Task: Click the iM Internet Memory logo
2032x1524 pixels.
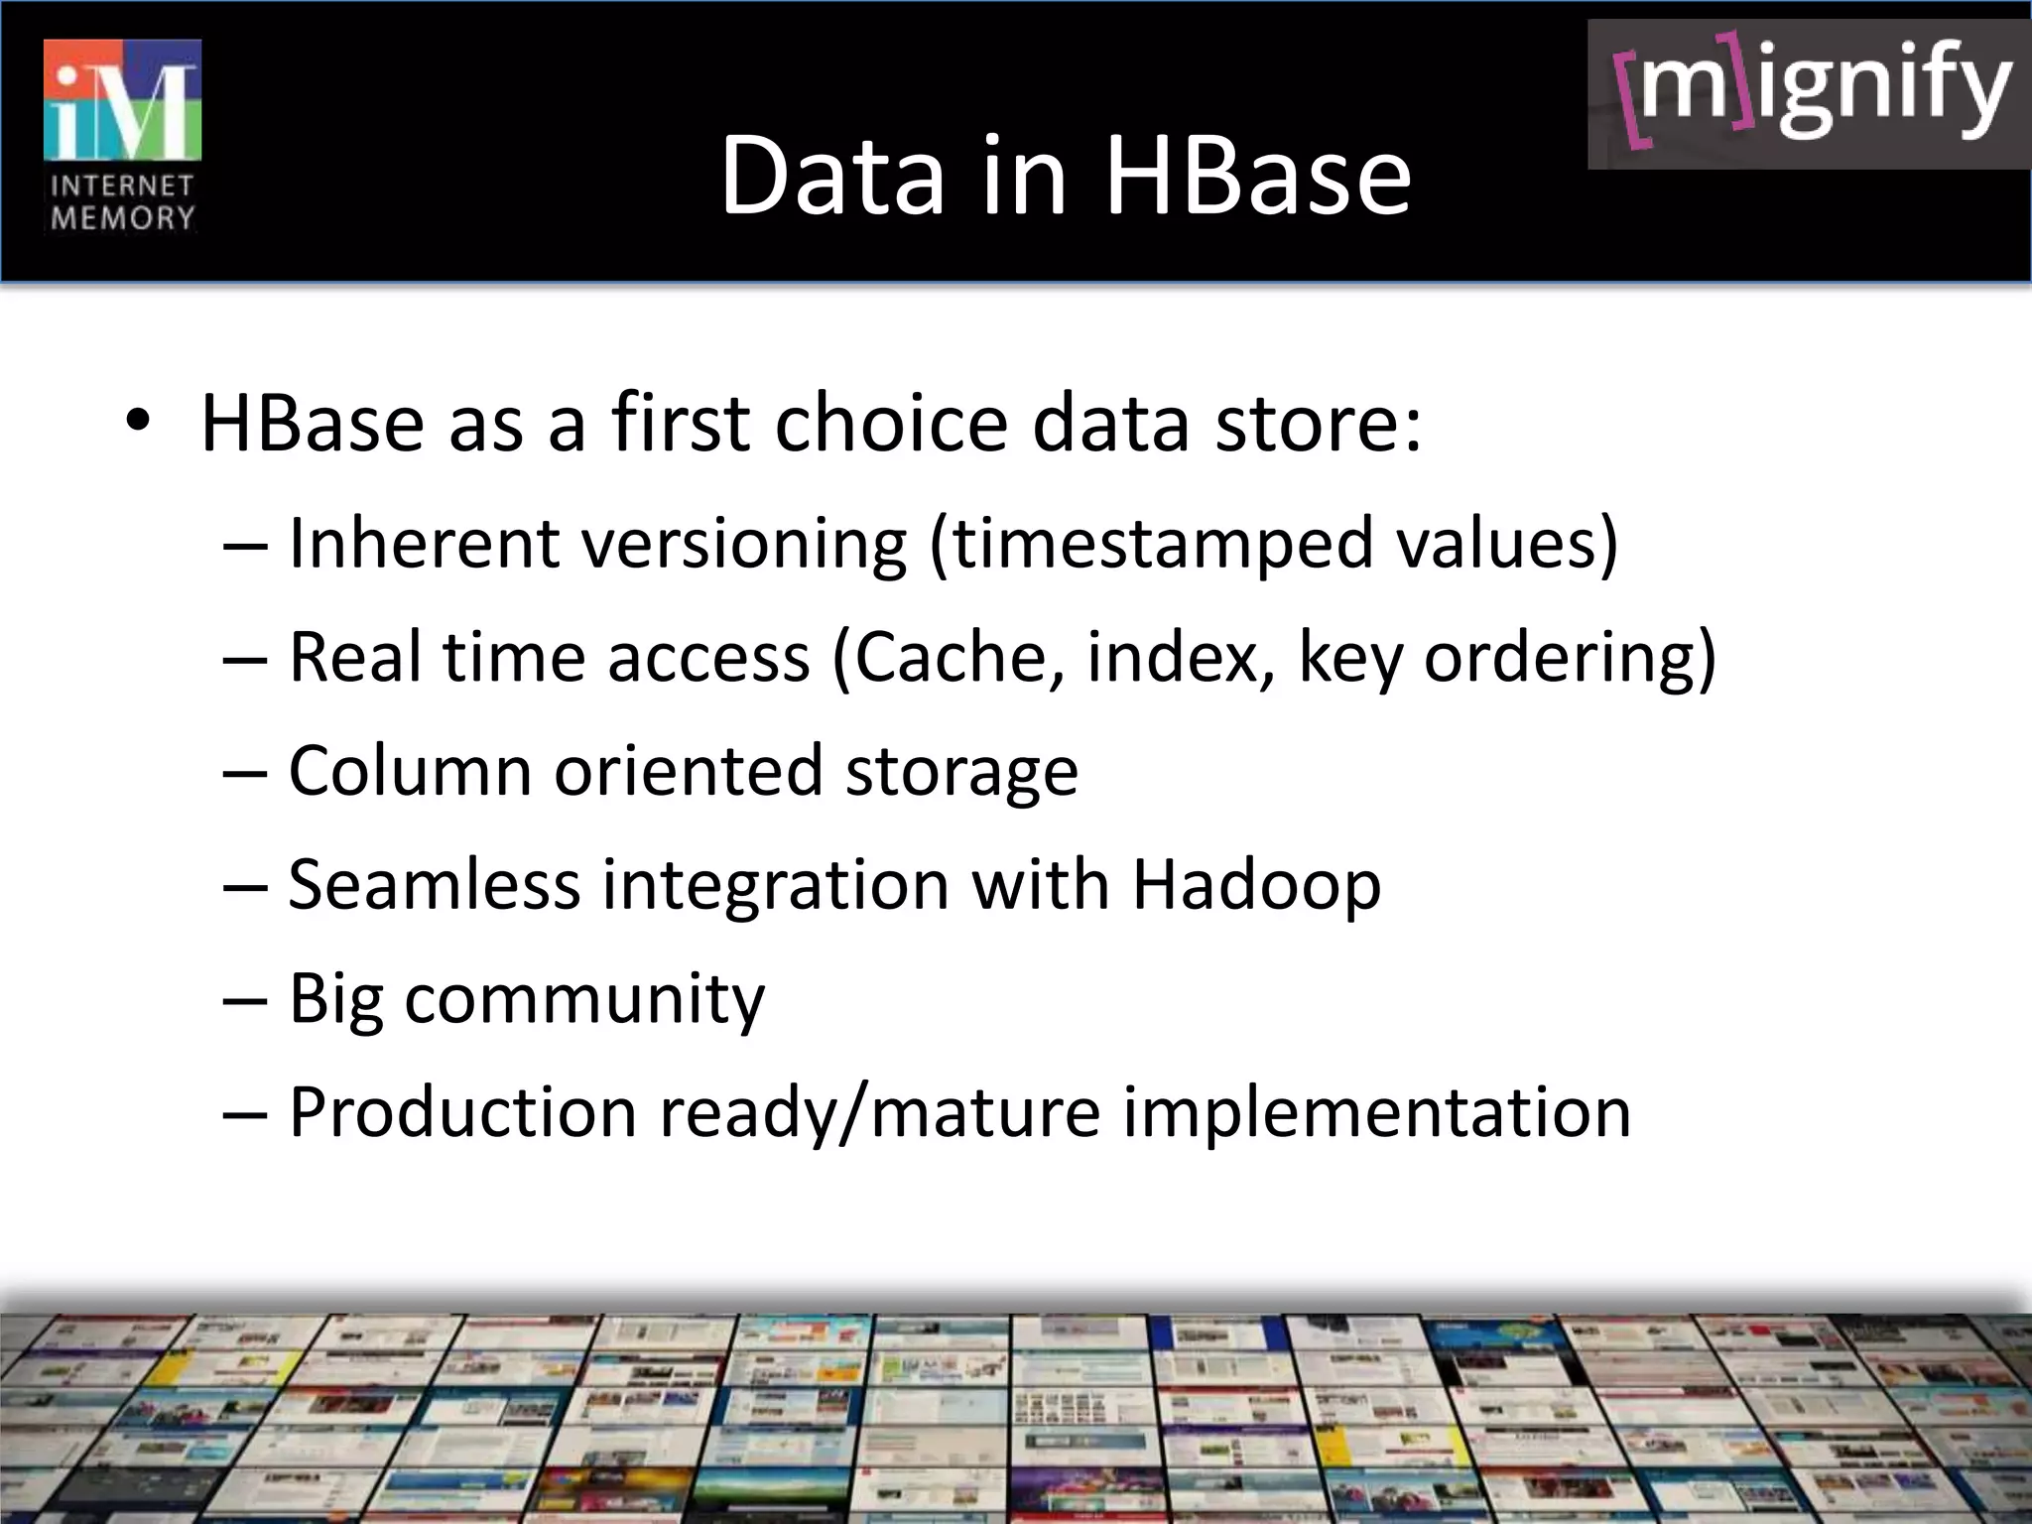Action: (122, 136)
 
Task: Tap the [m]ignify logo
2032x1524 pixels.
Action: (1808, 94)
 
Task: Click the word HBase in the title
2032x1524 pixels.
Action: (1257, 177)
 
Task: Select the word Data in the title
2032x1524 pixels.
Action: (831, 177)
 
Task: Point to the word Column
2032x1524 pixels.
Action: (410, 771)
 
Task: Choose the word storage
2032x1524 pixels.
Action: (960, 773)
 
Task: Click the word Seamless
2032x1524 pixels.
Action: (434, 884)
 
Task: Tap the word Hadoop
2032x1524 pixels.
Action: (1256, 884)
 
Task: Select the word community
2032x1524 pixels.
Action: (584, 999)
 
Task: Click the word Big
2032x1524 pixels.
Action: (335, 999)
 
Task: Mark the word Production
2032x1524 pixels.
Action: (462, 1111)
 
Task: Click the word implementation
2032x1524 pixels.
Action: (1376, 1113)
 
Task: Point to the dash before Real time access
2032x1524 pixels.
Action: (245, 659)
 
